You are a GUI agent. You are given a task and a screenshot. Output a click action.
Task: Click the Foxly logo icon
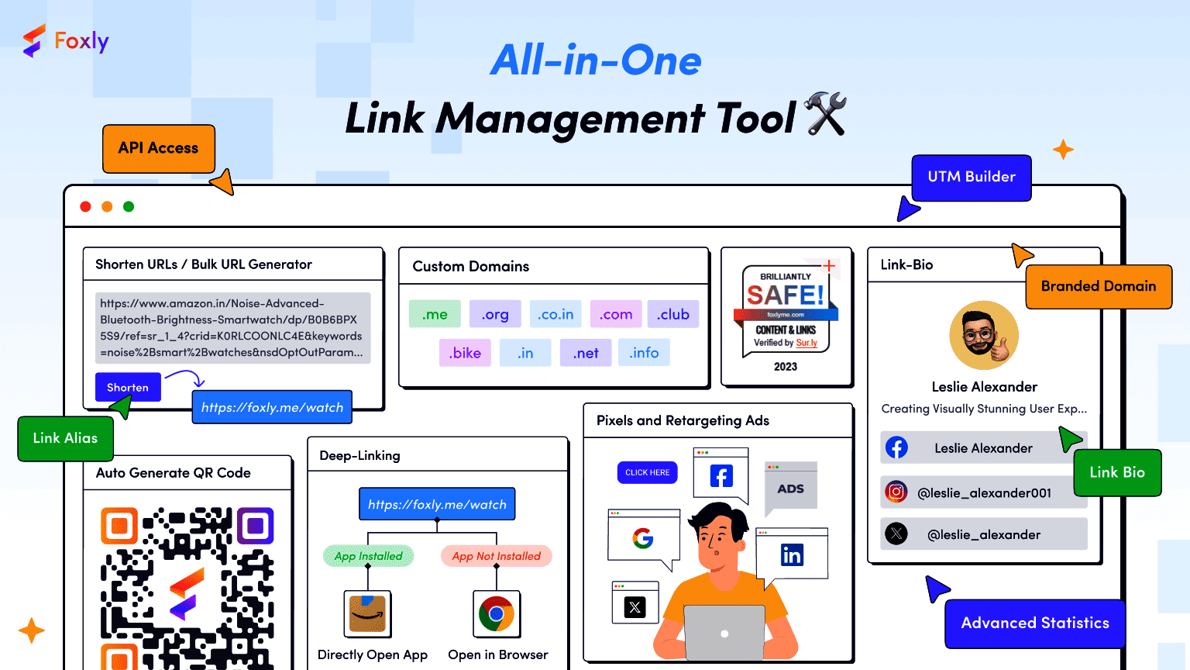[x=34, y=41]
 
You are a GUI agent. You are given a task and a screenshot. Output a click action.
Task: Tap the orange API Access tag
[x=159, y=148]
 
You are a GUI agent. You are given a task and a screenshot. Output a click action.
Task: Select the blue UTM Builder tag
[x=972, y=178]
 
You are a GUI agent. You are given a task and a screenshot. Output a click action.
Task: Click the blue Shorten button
[x=128, y=387]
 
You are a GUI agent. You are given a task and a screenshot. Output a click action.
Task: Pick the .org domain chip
[x=495, y=314]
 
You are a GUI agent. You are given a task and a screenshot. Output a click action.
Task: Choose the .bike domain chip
[x=465, y=353]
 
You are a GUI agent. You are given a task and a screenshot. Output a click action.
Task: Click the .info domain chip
[x=644, y=353]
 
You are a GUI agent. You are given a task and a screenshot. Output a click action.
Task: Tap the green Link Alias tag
[x=65, y=439]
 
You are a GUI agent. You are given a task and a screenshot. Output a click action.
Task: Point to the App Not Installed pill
[x=497, y=556]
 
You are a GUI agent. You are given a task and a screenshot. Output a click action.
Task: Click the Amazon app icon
[x=367, y=614]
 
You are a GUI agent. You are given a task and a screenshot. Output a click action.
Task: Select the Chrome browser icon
[x=497, y=614]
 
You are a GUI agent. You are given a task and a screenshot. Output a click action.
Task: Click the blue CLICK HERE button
[x=648, y=472]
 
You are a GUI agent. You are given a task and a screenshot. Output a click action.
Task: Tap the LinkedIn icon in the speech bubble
[x=792, y=555]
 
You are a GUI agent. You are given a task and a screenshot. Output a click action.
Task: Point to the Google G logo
[x=643, y=537]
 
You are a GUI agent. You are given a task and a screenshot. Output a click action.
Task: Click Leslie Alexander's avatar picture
[x=984, y=336]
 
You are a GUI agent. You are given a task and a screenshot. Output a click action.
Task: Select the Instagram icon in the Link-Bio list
[x=896, y=492]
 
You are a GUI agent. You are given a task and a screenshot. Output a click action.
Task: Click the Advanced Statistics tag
[x=1035, y=623]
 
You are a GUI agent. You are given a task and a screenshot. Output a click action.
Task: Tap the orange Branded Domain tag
[x=1099, y=287]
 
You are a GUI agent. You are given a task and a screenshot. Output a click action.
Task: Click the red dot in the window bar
[x=85, y=206]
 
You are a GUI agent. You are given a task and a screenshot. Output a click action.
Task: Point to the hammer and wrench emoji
[x=825, y=114]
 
